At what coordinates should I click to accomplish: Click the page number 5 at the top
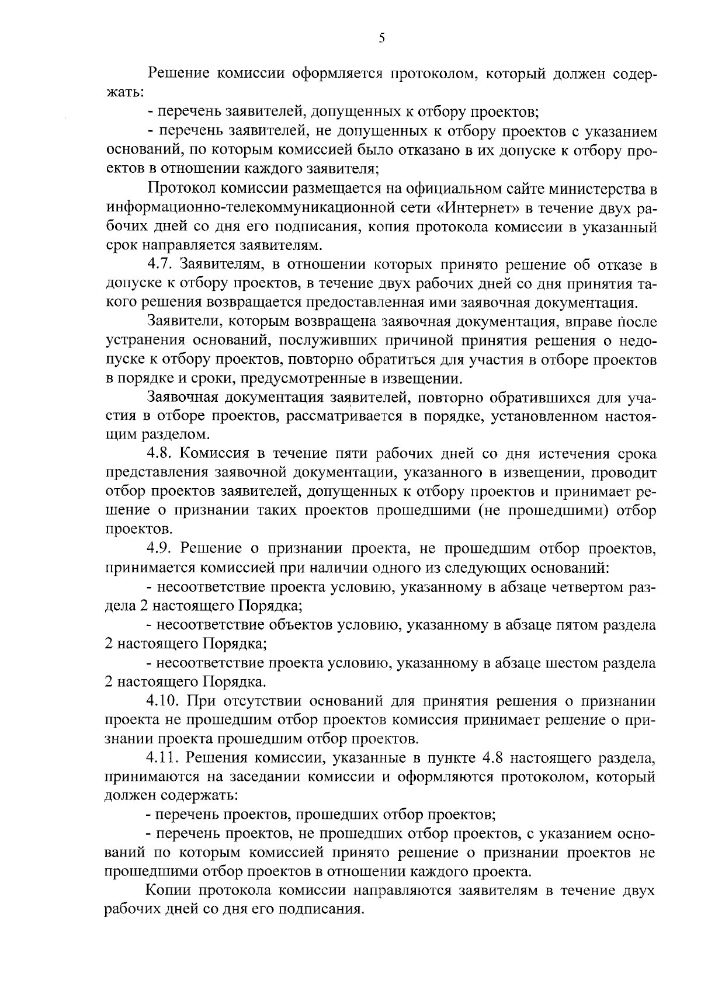(381, 39)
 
